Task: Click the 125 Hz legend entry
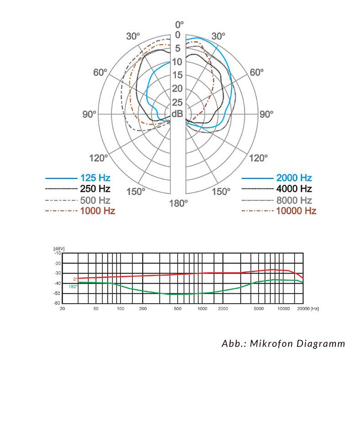(95, 178)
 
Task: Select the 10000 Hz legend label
(296, 211)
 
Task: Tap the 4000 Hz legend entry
(294, 189)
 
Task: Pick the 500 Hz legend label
(95, 200)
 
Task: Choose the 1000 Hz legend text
(98, 211)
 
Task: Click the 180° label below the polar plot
(178, 203)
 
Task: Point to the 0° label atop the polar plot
(179, 25)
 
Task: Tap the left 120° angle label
(99, 158)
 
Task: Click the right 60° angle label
(257, 73)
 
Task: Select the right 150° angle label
(221, 191)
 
